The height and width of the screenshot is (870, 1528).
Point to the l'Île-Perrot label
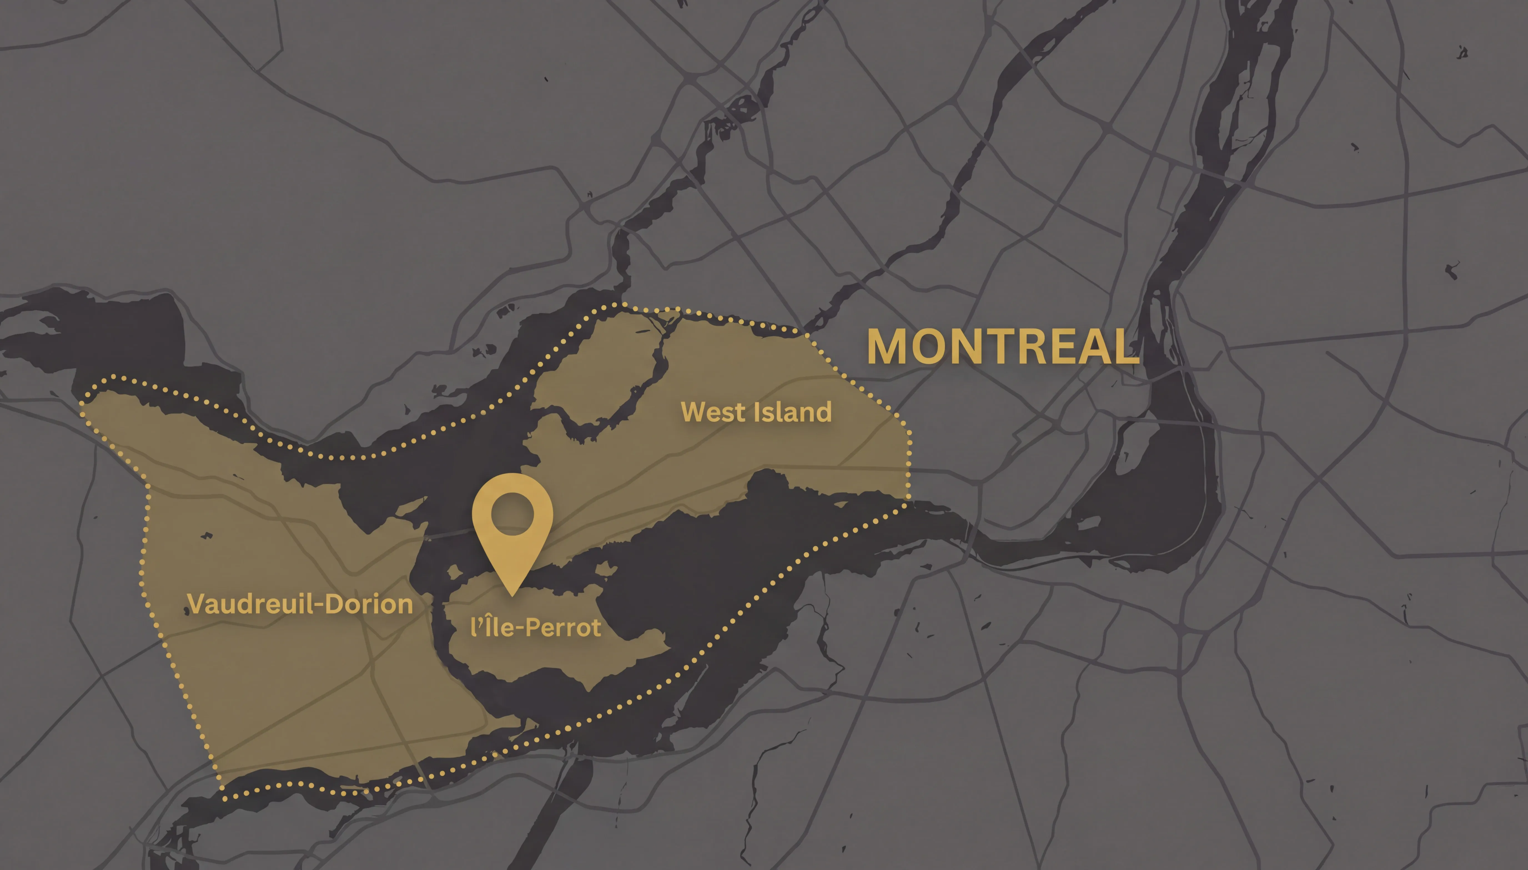pos(536,627)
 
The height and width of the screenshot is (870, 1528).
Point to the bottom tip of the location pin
pos(512,595)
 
